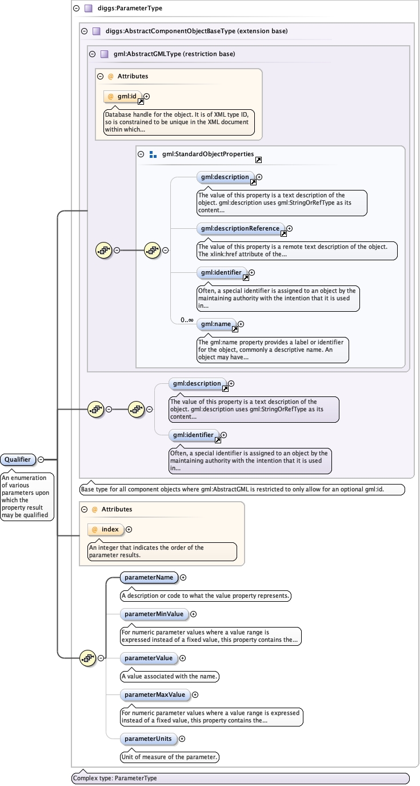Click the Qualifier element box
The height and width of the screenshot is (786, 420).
(x=18, y=459)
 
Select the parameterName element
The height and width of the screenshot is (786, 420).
(x=149, y=577)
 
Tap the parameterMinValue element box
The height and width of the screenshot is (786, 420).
(x=154, y=614)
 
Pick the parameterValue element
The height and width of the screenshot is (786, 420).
(x=149, y=658)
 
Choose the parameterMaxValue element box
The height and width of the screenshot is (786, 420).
(x=155, y=694)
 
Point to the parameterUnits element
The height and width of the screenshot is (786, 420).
(x=148, y=739)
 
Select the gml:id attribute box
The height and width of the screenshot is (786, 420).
(x=123, y=97)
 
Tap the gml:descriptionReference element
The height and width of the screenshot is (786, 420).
(x=241, y=228)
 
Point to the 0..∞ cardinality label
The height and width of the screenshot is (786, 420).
(x=187, y=320)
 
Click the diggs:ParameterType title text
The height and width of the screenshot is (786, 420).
(x=129, y=9)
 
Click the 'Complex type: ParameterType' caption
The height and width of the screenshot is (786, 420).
(x=115, y=778)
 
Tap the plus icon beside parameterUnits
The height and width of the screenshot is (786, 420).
(x=182, y=739)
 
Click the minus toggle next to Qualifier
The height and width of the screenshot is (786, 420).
(x=41, y=459)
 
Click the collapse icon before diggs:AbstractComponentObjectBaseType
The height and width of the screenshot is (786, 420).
(x=84, y=31)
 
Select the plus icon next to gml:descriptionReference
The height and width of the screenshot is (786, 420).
(x=289, y=228)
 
